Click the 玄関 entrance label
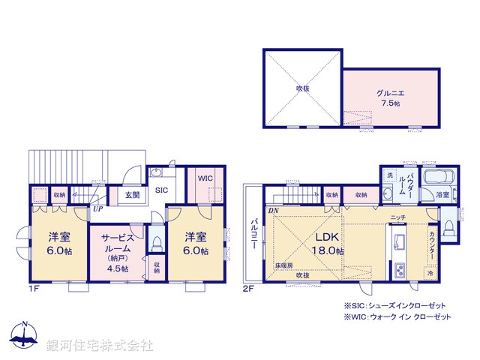point(132,195)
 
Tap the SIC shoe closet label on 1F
point(161,190)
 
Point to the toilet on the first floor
point(157,243)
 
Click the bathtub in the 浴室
point(436,178)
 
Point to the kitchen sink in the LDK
point(399,242)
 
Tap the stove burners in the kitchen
point(399,268)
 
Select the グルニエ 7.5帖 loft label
point(391,97)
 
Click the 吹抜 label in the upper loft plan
point(302,88)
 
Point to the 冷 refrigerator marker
point(430,274)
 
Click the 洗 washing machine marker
point(389,175)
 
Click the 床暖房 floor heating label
point(283,266)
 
